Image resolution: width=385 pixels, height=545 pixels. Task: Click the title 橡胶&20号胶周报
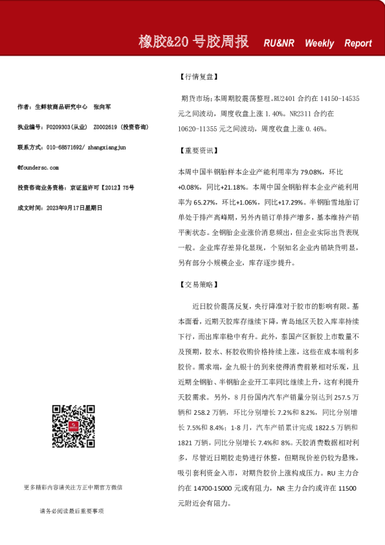(x=193, y=42)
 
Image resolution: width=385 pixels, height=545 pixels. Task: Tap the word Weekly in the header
(x=319, y=43)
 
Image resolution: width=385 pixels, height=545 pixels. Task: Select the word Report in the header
(x=358, y=43)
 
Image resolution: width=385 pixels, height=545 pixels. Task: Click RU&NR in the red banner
(x=279, y=43)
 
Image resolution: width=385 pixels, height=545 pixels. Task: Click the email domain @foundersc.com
(x=41, y=167)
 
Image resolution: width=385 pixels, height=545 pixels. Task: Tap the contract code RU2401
(x=284, y=100)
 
